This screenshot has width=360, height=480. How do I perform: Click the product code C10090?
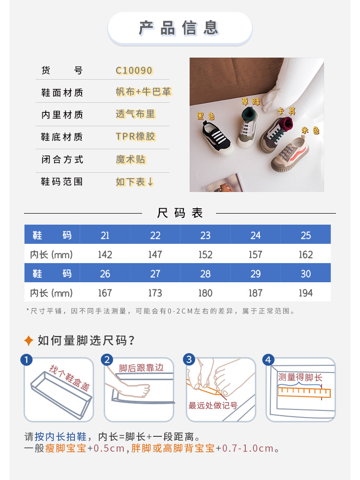tap(134, 71)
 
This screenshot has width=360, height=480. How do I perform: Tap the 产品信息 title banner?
tap(180, 28)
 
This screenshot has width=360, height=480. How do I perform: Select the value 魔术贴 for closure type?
tap(131, 159)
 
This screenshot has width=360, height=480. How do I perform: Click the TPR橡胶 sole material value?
tap(135, 136)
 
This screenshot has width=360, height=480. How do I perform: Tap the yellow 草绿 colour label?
tap(251, 101)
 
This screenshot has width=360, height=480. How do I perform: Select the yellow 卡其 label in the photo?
tap(287, 111)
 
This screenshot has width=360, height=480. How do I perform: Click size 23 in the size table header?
tap(205, 235)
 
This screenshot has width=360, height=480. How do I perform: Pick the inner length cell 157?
tap(255, 254)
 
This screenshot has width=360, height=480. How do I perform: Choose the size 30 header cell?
tap(305, 274)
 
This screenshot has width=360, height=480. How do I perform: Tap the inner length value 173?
tap(155, 293)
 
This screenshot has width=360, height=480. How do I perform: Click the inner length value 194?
tap(305, 293)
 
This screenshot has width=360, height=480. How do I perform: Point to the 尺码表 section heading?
tap(180, 213)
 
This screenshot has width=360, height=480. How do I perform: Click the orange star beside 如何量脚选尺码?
tap(28, 340)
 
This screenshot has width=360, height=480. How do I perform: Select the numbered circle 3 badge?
tap(189, 359)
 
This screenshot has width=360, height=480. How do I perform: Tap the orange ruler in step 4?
tap(304, 393)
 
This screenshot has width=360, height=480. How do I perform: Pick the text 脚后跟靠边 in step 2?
tap(141, 368)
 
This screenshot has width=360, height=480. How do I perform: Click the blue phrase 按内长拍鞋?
tap(60, 436)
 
